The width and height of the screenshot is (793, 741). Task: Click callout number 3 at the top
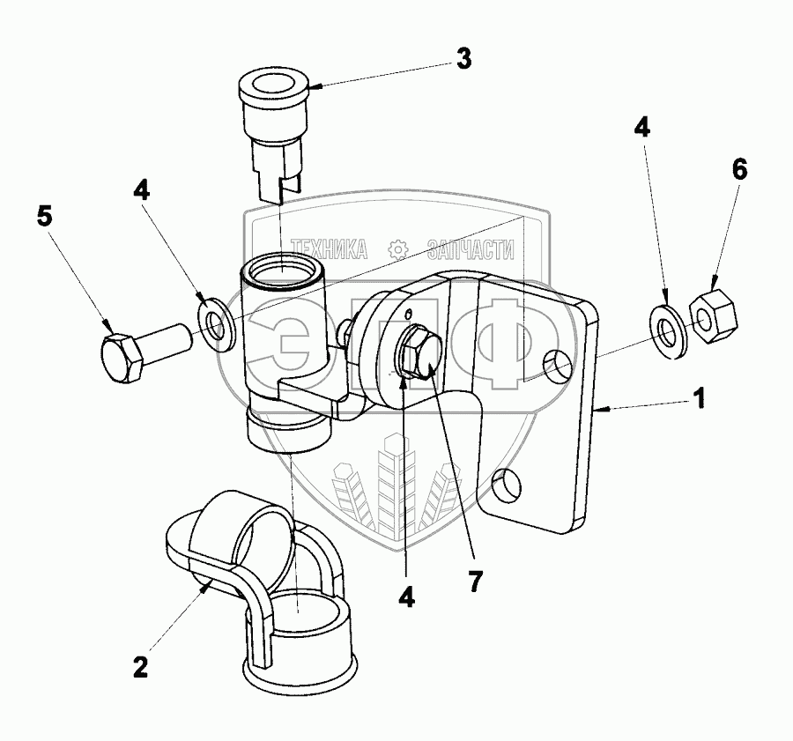click(x=463, y=60)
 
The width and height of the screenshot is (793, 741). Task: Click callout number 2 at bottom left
click(x=140, y=665)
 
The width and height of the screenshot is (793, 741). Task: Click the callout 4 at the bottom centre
click(x=406, y=597)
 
